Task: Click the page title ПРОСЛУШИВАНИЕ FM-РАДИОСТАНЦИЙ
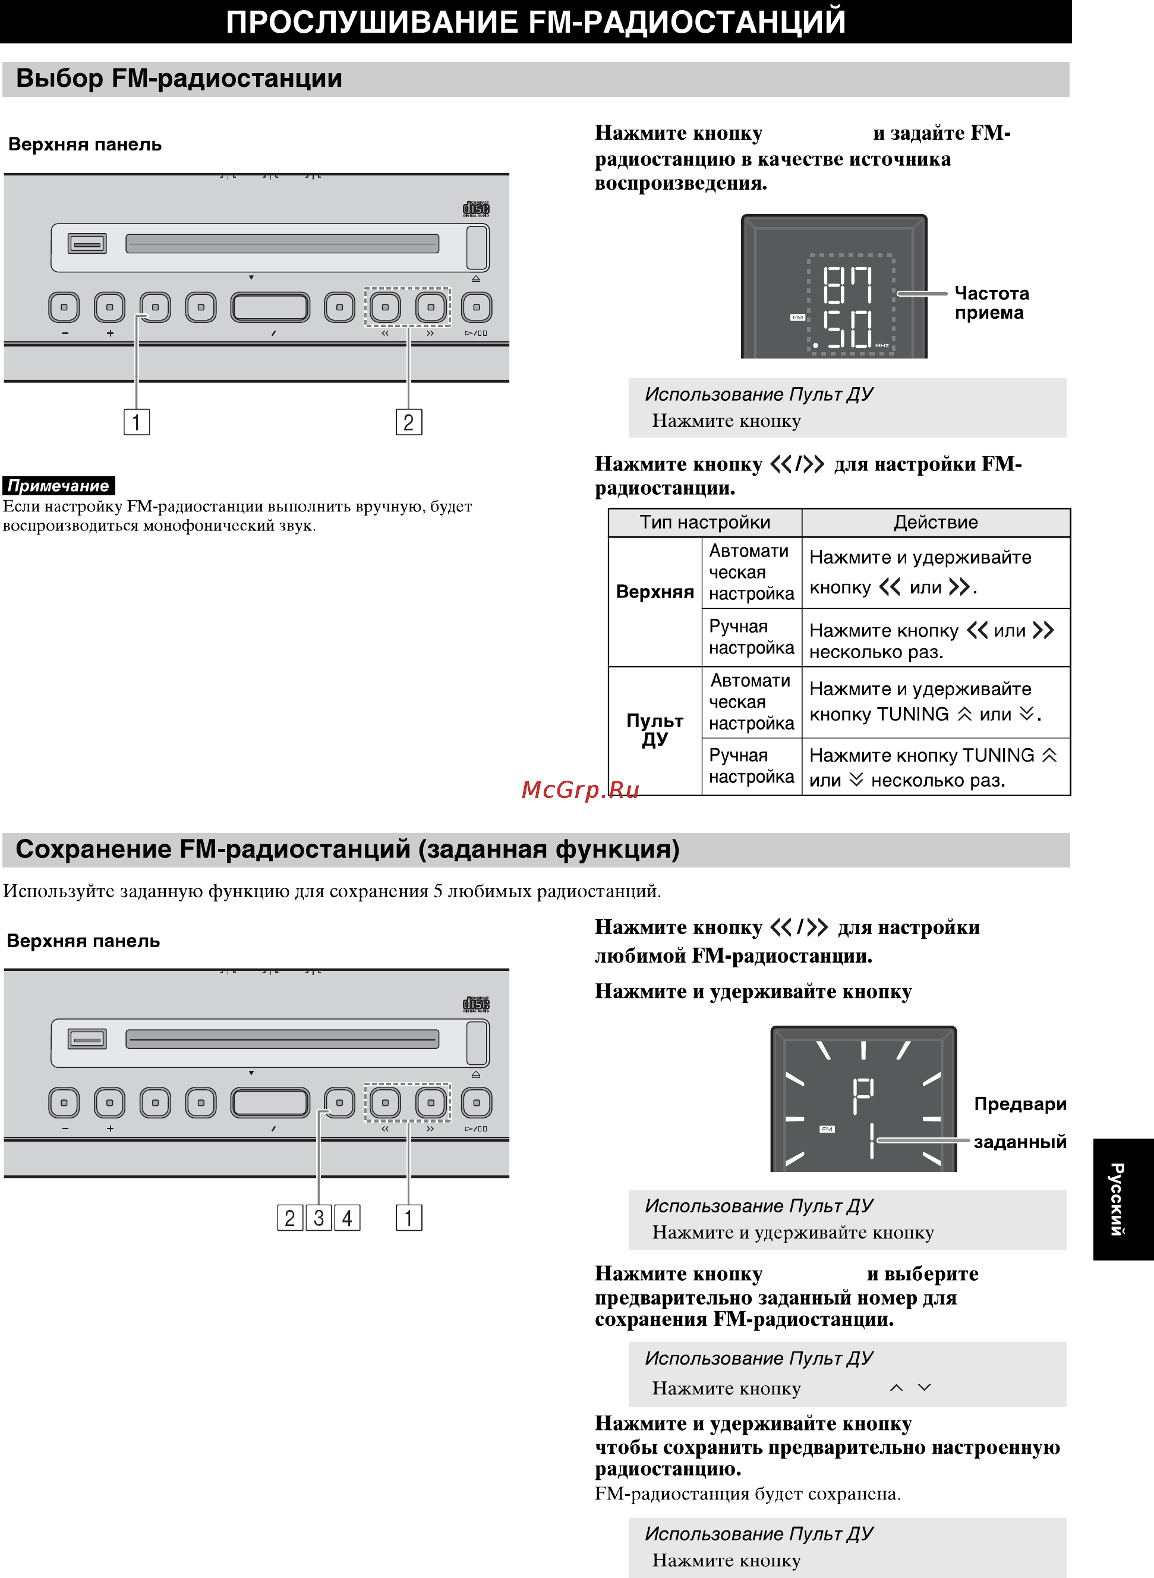coord(535,21)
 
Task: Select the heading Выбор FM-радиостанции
coord(179,78)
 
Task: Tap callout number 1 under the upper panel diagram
coord(136,422)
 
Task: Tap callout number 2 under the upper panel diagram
coord(409,422)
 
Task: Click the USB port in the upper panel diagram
coord(87,243)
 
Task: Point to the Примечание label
coord(59,486)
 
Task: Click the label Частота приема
coord(991,303)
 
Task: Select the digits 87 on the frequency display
coord(847,285)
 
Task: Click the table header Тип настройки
coord(705,522)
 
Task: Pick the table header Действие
coord(935,522)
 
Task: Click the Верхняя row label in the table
coord(654,592)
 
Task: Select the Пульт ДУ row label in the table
coord(654,730)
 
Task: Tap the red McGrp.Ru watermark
coord(580,790)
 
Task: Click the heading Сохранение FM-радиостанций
coord(347,849)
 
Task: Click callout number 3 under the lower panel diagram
coord(319,1218)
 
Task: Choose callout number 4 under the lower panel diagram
coord(347,1218)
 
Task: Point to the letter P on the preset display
coord(863,1095)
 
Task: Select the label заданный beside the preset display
coord(1019,1142)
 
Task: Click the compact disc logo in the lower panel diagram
coord(477,1004)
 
